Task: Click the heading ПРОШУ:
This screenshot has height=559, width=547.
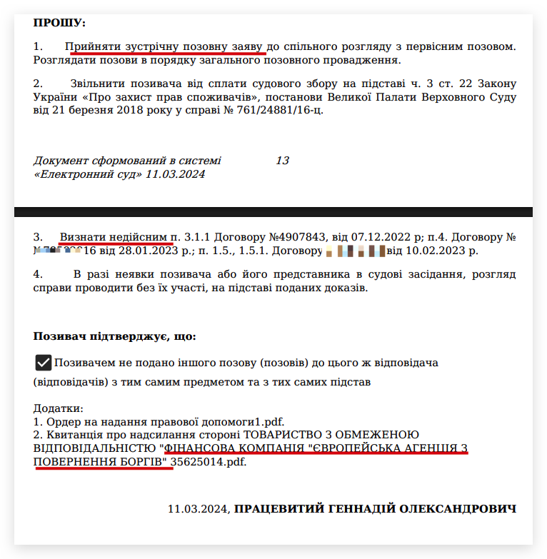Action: pyautogui.click(x=59, y=24)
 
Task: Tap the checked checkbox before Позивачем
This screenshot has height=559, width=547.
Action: pyautogui.click(x=44, y=363)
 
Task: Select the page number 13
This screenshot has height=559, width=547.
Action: pyautogui.click(x=282, y=161)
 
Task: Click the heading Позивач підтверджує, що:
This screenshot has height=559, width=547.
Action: pyautogui.click(x=114, y=336)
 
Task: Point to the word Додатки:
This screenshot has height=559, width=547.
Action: pyautogui.click(x=59, y=409)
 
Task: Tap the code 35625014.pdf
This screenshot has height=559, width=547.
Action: pyautogui.click(x=211, y=462)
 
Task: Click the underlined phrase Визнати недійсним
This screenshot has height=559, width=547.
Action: pyautogui.click(x=113, y=236)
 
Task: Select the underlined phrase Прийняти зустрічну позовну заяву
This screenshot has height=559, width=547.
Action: pyautogui.click(x=164, y=46)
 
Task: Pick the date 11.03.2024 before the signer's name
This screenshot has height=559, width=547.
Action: pyautogui.click(x=197, y=509)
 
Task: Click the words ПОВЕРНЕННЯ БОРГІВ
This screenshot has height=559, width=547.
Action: pyautogui.click(x=103, y=462)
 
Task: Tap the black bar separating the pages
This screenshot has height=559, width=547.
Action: pyautogui.click(x=273, y=212)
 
